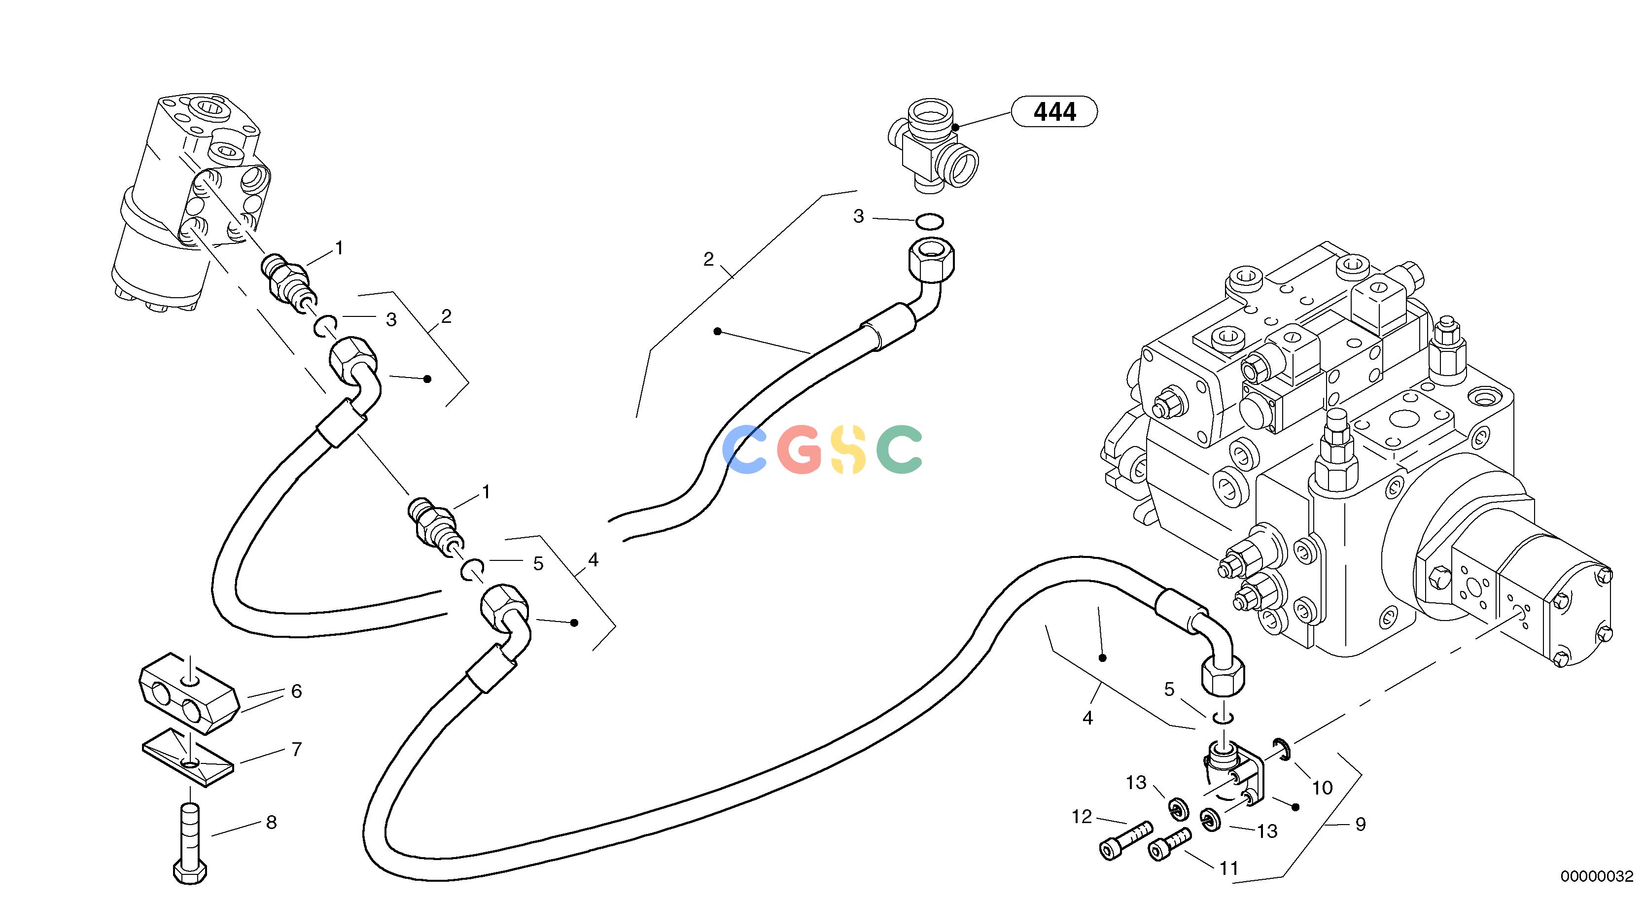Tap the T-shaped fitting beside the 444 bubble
[933, 145]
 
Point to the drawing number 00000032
[1597, 877]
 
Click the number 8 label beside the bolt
[271, 823]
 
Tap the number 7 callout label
[296, 750]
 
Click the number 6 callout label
[296, 691]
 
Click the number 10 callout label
[1322, 788]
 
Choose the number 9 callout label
[1360, 825]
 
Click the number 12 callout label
[1082, 817]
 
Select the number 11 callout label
[1228, 868]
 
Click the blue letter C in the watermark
[745, 450]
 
